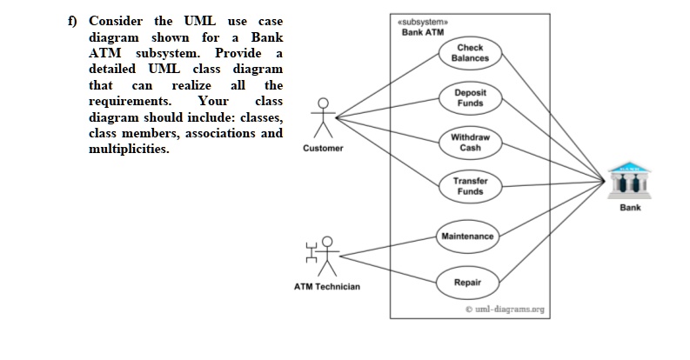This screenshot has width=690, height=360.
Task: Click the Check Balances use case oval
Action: click(x=470, y=52)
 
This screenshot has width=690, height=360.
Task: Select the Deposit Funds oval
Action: click(x=470, y=97)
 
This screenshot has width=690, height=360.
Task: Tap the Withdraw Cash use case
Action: click(x=470, y=142)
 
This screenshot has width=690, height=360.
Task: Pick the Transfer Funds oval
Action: click(x=470, y=186)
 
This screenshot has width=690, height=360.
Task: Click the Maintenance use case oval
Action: click(x=467, y=237)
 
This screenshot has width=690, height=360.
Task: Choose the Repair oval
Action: click(x=469, y=282)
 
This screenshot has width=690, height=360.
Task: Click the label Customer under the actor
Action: click(x=323, y=148)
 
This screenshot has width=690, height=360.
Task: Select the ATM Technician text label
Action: click(x=326, y=286)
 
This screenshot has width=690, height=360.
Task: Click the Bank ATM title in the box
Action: click(x=422, y=32)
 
